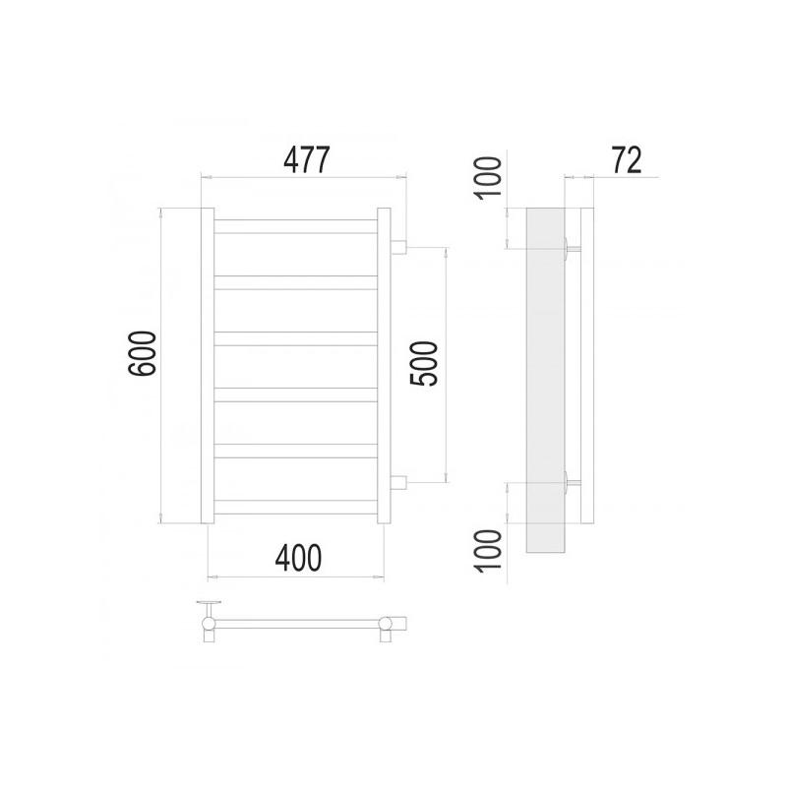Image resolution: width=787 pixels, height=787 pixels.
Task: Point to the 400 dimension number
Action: click(x=296, y=558)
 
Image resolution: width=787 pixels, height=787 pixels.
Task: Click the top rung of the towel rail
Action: click(x=296, y=225)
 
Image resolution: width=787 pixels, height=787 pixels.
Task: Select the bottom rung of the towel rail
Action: click(x=296, y=508)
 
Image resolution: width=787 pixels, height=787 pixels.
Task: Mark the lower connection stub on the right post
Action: click(x=400, y=482)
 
